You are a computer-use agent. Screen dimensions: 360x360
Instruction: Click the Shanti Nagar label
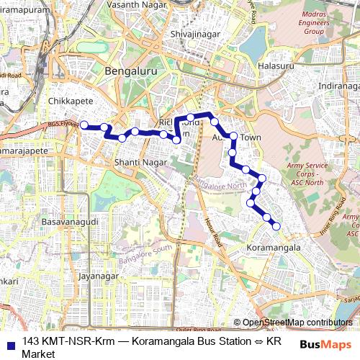click(140, 163)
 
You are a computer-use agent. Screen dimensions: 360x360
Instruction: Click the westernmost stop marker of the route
click(84, 125)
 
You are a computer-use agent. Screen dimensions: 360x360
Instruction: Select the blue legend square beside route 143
click(10, 343)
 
